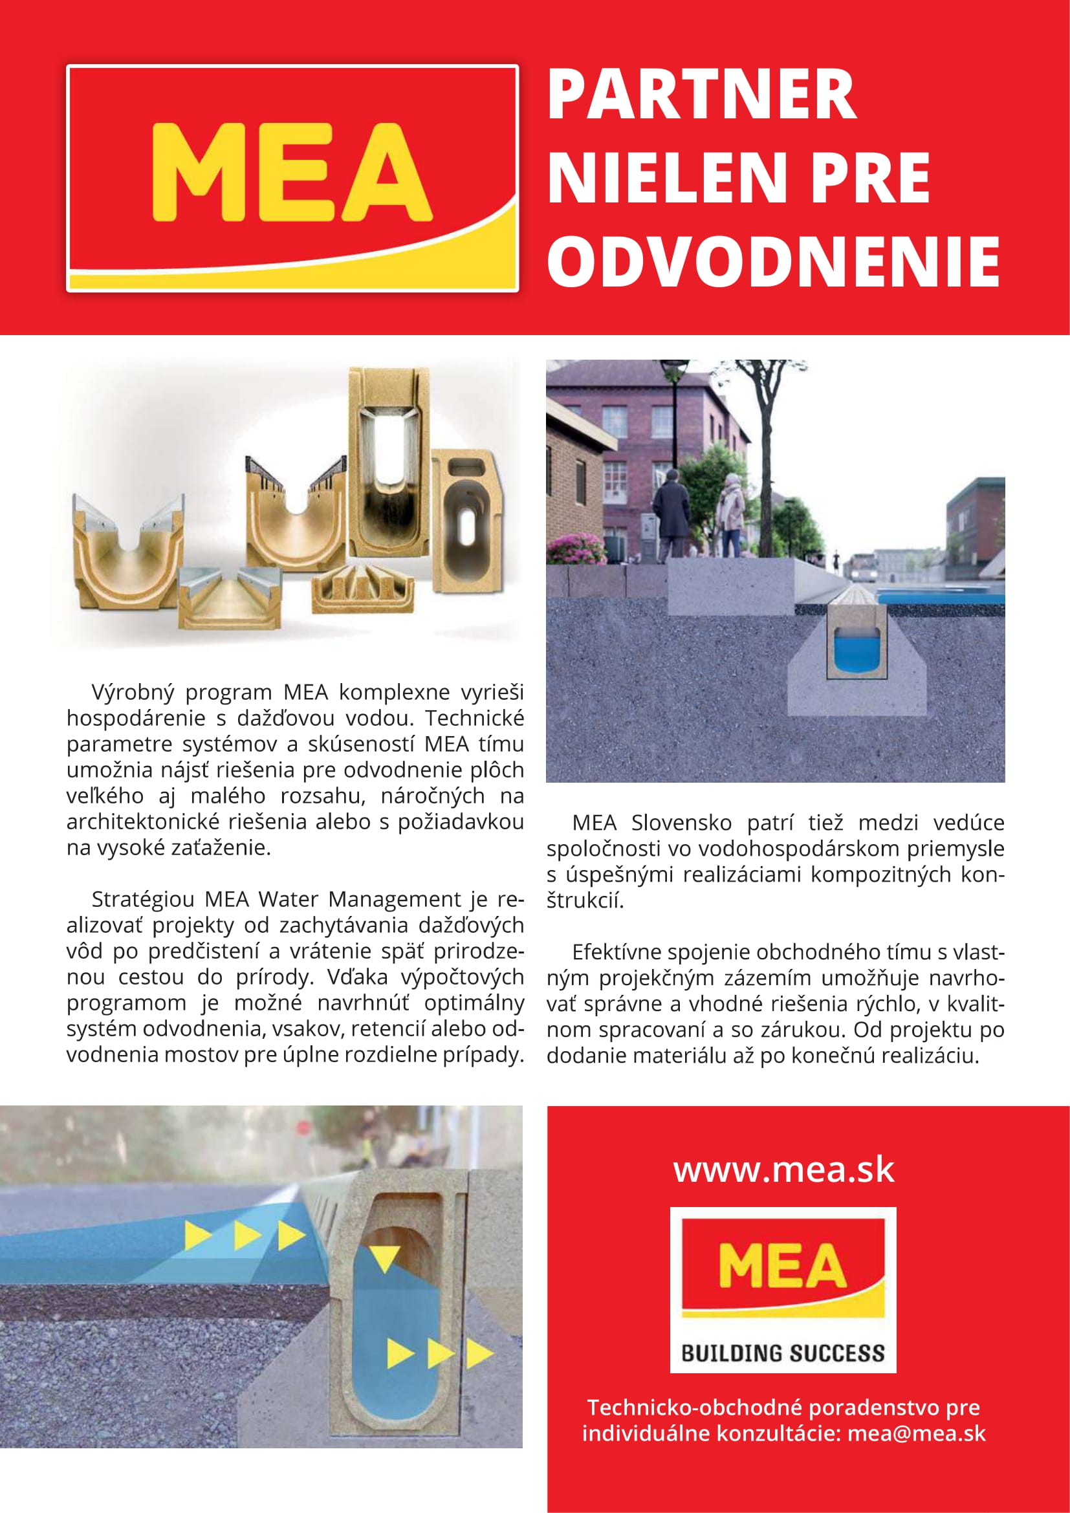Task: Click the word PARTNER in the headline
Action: (x=702, y=96)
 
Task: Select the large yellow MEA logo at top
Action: (x=291, y=173)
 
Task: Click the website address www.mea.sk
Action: (x=783, y=1170)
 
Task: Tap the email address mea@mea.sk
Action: (x=917, y=1451)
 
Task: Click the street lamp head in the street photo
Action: (x=674, y=375)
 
